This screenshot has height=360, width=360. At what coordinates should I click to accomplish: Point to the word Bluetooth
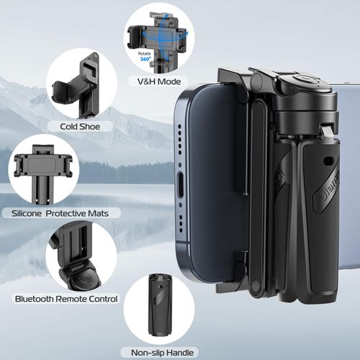coord(37,298)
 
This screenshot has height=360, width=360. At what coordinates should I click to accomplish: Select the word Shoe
coord(101,127)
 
